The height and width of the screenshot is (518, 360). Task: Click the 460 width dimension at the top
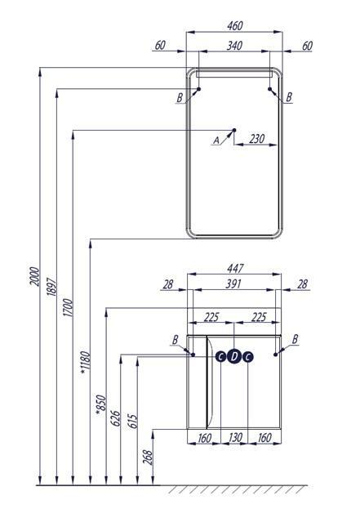coord(234,26)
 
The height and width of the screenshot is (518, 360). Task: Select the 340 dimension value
coord(234,46)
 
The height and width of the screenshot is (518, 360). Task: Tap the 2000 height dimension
coord(34,276)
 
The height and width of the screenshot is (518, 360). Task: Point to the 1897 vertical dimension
coord(51,287)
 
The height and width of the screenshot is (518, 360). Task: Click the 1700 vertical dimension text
coord(67,307)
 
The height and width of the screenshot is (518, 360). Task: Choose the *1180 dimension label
coord(85,363)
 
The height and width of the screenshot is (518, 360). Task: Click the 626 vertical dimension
coord(115,418)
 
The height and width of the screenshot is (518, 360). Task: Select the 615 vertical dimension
coord(132,422)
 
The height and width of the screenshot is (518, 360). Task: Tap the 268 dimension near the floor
coord(148,458)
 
